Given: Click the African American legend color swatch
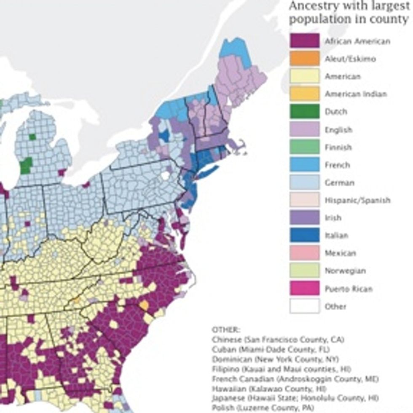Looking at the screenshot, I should [x=304, y=41].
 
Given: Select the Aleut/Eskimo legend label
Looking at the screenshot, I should [x=350, y=59].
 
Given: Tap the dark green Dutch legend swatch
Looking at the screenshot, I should [x=304, y=112].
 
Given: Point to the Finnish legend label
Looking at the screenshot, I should [x=338, y=147].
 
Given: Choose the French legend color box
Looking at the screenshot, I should [x=304, y=165].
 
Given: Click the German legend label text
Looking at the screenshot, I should [x=339, y=183].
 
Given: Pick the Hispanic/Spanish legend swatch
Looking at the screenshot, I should [x=304, y=200].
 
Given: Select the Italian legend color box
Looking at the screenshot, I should [x=304, y=236].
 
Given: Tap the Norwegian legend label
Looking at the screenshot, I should [x=345, y=271].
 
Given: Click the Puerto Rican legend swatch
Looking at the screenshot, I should [x=304, y=289].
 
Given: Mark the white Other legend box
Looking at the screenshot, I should [x=304, y=306].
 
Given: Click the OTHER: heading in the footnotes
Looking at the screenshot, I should [x=225, y=330].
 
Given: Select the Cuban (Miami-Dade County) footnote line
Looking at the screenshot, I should [x=271, y=349].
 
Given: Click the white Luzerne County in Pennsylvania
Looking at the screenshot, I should [x=165, y=175].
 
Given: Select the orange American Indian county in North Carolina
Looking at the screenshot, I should [x=144, y=305].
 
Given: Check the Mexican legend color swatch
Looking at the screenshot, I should [x=304, y=253].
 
